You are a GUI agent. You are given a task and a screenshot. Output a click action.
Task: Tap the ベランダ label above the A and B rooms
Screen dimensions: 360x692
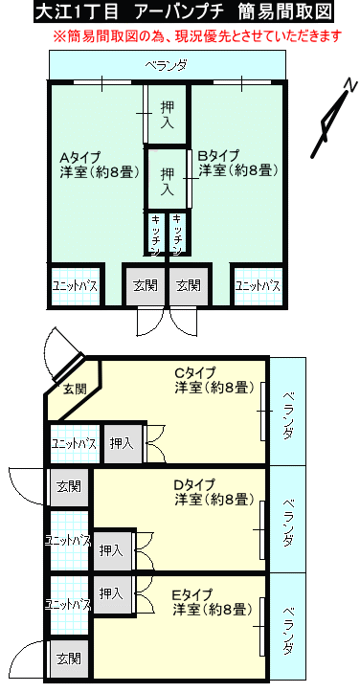pos(166,66)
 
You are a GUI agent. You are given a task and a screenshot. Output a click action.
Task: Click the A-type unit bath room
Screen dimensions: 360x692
pos(75,286)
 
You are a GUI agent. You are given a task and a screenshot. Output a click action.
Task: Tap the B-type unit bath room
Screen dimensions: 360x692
pos(258,286)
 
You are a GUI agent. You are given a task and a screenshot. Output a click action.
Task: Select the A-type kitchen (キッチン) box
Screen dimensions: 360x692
pos(155,233)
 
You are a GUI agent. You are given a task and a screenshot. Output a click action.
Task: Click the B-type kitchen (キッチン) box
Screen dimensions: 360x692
pos(177,233)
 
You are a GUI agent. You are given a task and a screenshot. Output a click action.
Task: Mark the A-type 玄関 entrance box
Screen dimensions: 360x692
pos(146,285)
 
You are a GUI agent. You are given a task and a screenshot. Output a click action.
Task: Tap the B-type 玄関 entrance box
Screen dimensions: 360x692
pos(189,285)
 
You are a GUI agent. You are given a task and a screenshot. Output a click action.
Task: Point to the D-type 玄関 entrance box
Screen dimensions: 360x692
pos(69,487)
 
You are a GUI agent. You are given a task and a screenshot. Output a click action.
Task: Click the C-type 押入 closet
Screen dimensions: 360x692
pos(122,443)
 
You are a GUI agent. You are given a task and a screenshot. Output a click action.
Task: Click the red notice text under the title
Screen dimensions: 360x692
pos(197,35)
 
